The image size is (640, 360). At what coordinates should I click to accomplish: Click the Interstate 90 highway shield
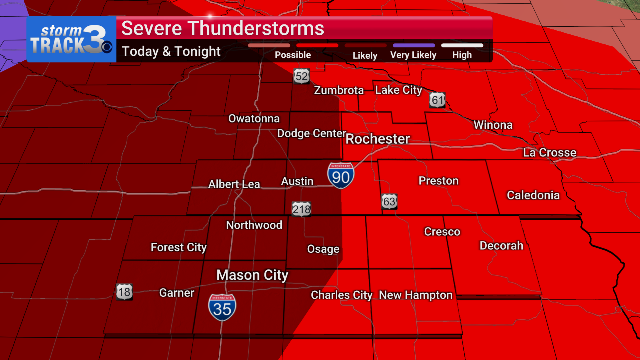[341, 175]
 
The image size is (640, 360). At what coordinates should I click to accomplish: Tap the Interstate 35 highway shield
[222, 307]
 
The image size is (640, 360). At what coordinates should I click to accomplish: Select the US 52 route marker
[302, 76]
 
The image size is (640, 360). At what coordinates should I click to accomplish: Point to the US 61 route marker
[437, 100]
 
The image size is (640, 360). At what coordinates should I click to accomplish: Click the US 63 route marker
[390, 201]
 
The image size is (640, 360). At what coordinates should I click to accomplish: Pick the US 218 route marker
[302, 209]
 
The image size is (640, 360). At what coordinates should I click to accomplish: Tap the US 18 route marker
[124, 291]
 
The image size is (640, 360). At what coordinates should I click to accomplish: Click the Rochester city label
[378, 139]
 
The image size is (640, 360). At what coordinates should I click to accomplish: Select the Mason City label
[252, 275]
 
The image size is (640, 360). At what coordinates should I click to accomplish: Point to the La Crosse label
[550, 153]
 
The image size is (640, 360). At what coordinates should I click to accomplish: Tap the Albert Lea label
[234, 184]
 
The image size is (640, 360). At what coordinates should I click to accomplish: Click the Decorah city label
[501, 245]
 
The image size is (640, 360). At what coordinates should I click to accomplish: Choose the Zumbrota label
[339, 90]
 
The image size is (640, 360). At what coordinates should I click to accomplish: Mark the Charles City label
[342, 295]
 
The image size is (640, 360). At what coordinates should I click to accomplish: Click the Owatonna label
[254, 119]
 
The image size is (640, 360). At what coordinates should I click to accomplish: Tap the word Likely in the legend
[365, 55]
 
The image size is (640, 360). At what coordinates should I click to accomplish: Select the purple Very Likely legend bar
[414, 45]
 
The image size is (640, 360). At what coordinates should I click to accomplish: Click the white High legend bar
[462, 45]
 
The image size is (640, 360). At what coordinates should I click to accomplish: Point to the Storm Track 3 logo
[71, 39]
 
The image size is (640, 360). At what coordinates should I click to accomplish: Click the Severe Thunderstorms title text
[223, 28]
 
